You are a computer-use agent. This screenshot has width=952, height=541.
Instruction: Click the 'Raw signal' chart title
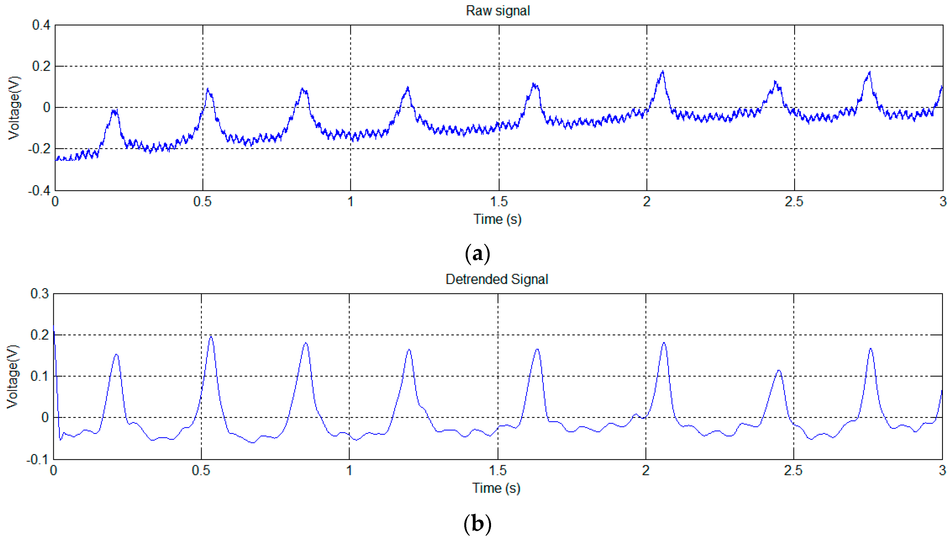[x=498, y=11]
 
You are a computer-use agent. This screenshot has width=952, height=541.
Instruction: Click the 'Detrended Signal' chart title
[x=497, y=279]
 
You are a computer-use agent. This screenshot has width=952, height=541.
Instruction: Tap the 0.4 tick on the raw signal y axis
[x=41, y=25]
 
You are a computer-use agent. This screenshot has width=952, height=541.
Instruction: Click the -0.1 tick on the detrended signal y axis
[x=38, y=459]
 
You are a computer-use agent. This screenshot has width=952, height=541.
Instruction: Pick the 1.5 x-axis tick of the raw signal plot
[x=499, y=202]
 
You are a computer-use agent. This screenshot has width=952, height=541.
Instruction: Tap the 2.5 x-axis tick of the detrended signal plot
[x=793, y=471]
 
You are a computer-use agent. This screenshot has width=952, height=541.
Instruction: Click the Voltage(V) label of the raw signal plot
[x=14, y=108]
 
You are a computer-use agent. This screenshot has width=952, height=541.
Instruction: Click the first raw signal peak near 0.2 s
[x=115, y=110]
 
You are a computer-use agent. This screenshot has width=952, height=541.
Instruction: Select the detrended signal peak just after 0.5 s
[x=211, y=337]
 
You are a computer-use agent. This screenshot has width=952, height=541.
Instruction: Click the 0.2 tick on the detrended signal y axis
[x=39, y=335]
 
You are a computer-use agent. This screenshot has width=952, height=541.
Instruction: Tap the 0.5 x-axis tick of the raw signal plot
[x=202, y=202]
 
